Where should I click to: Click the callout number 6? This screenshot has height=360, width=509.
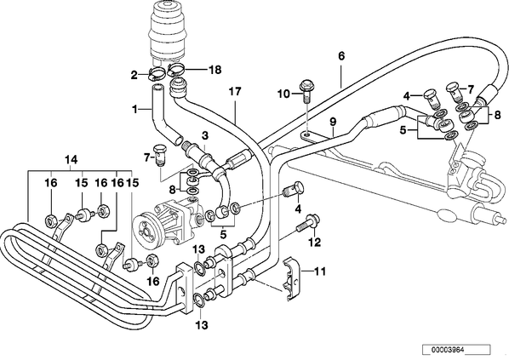click(x=340, y=56)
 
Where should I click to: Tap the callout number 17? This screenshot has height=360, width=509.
click(x=235, y=92)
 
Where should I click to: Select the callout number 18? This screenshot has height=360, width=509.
click(x=214, y=70)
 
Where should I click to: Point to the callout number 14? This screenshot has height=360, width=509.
click(x=71, y=160)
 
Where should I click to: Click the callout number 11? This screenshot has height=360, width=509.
click(x=320, y=271)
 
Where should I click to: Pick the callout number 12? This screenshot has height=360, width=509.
click(x=315, y=243)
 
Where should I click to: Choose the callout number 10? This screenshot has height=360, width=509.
click(x=283, y=94)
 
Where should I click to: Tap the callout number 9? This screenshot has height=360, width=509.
click(x=333, y=122)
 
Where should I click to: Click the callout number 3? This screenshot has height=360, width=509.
click(x=205, y=136)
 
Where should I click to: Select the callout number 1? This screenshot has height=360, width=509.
click(x=134, y=110)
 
